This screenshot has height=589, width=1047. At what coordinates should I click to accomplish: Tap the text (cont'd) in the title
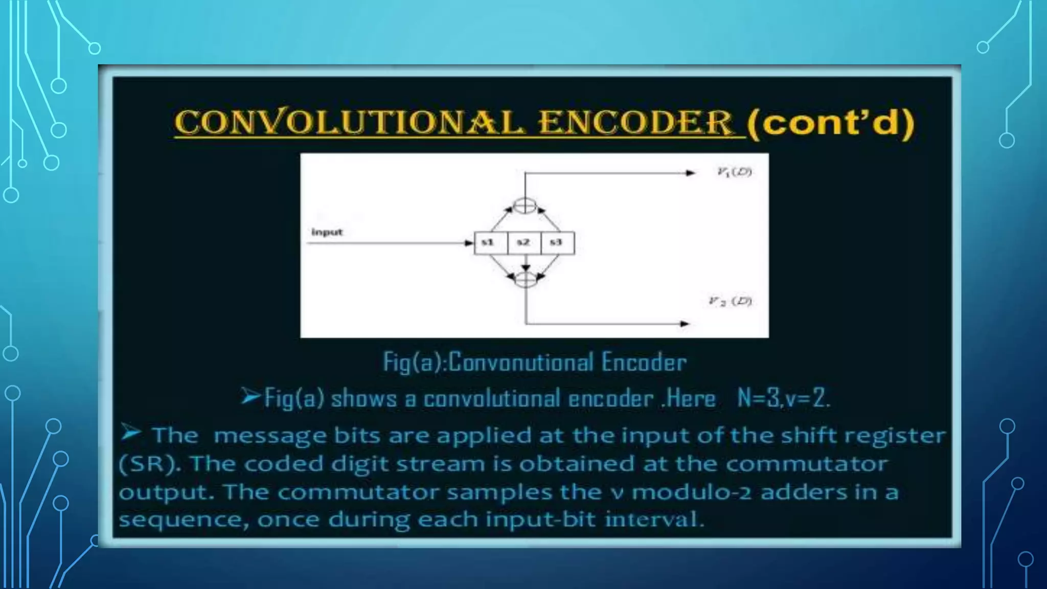(830, 123)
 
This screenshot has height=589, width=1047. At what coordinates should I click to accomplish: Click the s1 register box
(490, 243)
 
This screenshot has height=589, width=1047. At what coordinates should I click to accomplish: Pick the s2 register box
(523, 243)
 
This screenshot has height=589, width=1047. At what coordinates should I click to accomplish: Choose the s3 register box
(557, 243)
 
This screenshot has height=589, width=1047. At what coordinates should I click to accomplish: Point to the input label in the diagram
(327, 232)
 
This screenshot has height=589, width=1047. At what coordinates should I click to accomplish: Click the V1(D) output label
(734, 172)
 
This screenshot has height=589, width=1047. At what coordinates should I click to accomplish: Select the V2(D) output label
(730, 301)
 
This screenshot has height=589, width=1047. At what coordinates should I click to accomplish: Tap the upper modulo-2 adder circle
(525, 206)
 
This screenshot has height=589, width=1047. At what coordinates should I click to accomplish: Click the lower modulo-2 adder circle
(525, 279)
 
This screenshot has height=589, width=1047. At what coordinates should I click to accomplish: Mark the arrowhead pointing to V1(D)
(691, 173)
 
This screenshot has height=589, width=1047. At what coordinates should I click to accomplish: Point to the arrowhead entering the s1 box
(469, 243)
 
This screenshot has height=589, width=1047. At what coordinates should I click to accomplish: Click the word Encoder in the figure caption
(644, 363)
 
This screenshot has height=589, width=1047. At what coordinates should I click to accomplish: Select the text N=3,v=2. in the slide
(783, 398)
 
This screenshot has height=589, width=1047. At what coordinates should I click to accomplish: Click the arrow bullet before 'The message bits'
(131, 434)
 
